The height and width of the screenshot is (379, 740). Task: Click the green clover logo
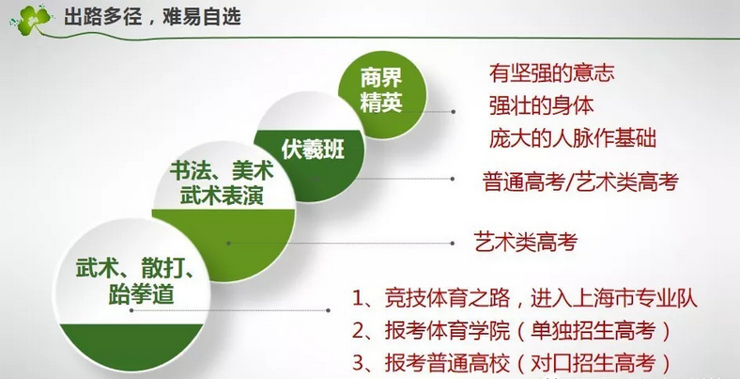[x=32, y=19]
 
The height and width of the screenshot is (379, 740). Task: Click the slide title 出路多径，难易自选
[x=152, y=18]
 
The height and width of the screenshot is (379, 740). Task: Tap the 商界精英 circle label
[x=381, y=90]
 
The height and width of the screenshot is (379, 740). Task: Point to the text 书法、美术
[x=222, y=170]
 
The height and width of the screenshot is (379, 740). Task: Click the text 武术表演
[x=222, y=196]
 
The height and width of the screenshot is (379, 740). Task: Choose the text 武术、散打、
[x=136, y=270]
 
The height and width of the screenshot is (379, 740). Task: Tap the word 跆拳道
[x=141, y=295]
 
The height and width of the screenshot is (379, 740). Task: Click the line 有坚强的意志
[x=551, y=73]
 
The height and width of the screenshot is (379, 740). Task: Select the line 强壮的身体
[x=541, y=105]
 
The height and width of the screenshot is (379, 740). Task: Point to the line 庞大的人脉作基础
[x=573, y=138]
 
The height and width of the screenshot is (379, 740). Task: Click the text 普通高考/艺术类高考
[x=580, y=182]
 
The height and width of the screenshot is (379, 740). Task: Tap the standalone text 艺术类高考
[x=525, y=243]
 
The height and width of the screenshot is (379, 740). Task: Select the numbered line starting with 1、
[x=524, y=299]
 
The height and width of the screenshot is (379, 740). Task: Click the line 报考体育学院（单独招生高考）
[x=528, y=331]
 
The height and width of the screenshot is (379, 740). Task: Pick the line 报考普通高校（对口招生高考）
[x=528, y=363]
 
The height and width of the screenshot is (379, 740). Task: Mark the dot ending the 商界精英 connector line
[x=453, y=112]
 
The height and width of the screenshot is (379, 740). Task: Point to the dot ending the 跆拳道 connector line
[x=328, y=310]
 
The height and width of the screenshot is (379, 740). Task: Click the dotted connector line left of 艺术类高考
[x=341, y=244]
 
